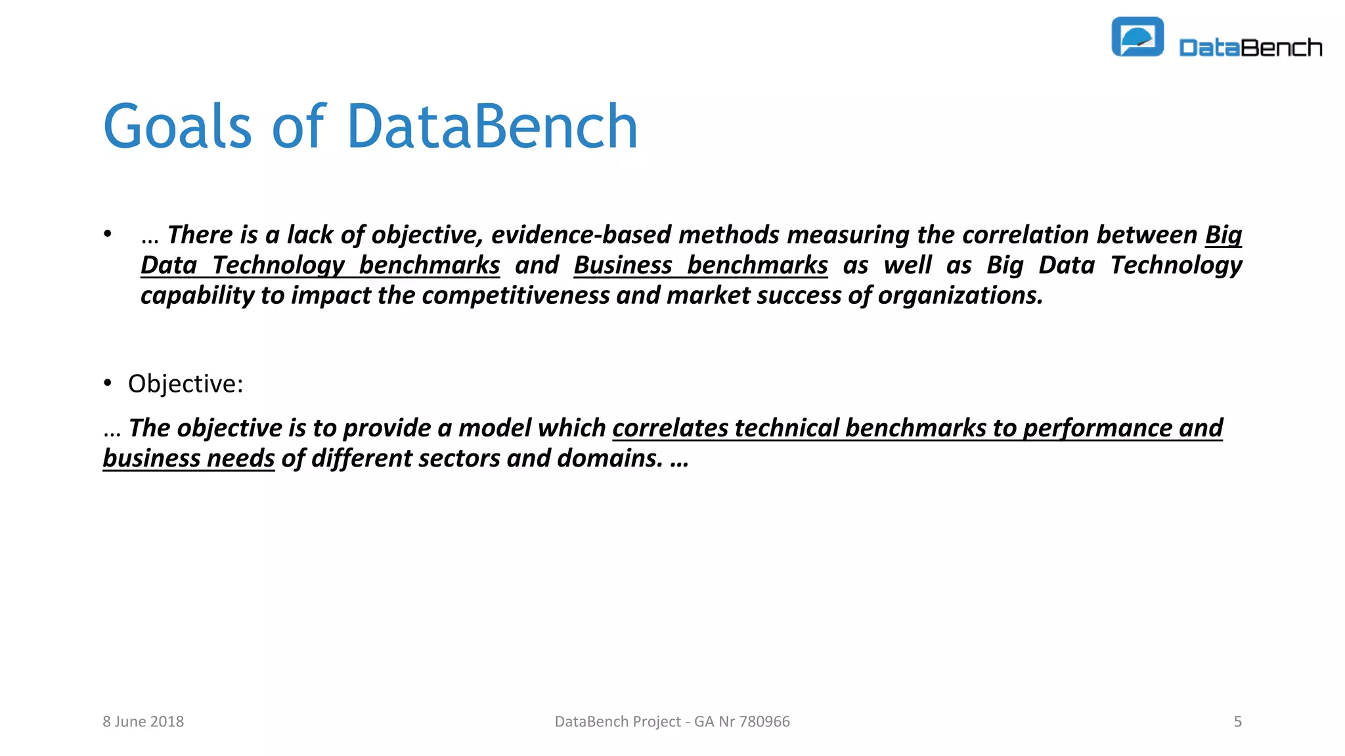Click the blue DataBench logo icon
(x=1137, y=37)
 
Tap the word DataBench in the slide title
(x=492, y=127)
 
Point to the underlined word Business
(x=623, y=265)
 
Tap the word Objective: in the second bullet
(x=185, y=384)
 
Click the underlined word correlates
(x=671, y=428)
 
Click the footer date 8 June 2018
(x=143, y=721)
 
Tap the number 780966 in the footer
(x=764, y=721)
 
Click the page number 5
(x=1237, y=721)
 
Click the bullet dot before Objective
(x=108, y=383)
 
